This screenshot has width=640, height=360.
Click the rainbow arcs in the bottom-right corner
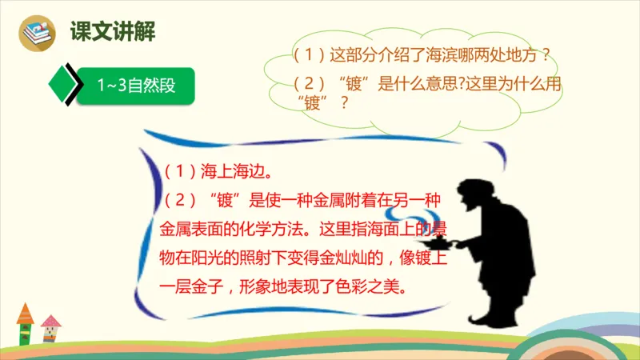click(592, 332)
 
